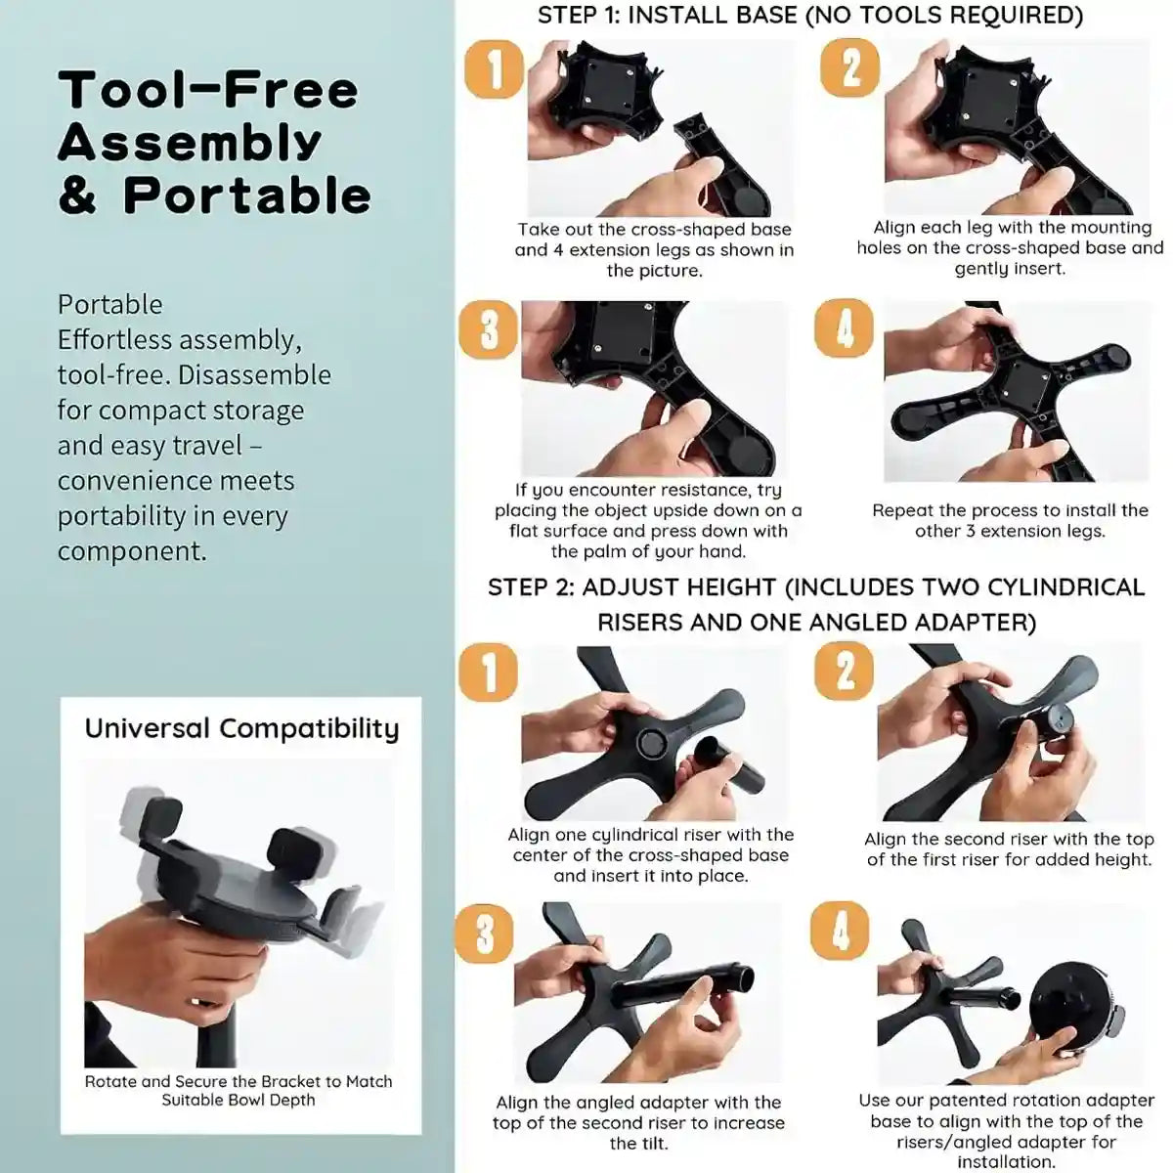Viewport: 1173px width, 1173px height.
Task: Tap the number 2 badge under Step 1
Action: coord(850,67)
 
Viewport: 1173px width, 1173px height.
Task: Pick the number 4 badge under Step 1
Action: coord(844,327)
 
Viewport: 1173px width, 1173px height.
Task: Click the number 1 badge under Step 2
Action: coord(488,673)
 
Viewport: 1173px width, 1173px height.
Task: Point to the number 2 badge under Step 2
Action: coord(844,671)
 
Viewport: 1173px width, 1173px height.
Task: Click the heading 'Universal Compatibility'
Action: coord(241,729)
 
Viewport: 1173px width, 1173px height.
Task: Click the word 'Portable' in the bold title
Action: coord(247,195)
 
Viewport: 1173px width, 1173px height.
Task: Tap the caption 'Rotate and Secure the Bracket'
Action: coord(239,1082)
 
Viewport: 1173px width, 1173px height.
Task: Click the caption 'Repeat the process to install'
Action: coord(1010,510)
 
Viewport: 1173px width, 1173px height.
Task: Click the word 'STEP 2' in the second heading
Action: coord(529,587)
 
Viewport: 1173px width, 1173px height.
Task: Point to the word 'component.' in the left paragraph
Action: coord(132,551)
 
